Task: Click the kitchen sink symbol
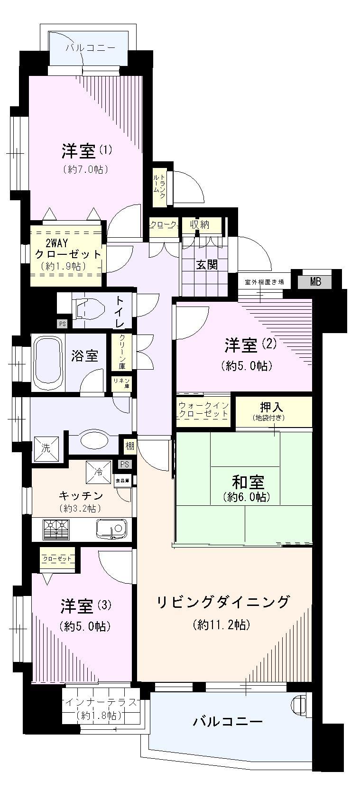(x=111, y=528)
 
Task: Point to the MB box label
(x=315, y=282)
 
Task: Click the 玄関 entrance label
(x=207, y=265)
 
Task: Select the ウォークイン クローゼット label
(x=204, y=409)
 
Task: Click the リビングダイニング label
(x=223, y=602)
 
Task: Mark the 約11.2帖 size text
(x=222, y=625)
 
